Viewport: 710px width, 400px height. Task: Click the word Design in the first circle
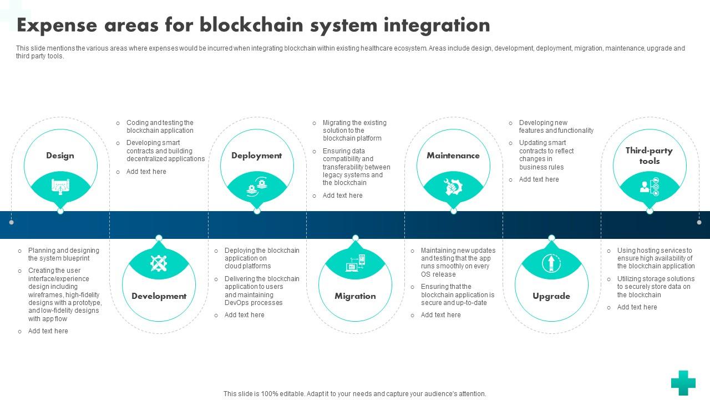(x=60, y=156)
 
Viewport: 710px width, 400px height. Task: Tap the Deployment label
(x=256, y=156)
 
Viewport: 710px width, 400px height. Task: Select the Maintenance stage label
(x=453, y=156)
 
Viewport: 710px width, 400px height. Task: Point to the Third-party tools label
(x=649, y=156)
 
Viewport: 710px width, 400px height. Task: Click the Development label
(x=159, y=296)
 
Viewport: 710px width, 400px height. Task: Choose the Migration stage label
(x=355, y=296)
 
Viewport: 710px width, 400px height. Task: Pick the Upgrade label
(x=551, y=296)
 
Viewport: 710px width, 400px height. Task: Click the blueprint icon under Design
(x=60, y=187)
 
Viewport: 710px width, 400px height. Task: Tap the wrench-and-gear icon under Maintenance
(x=453, y=187)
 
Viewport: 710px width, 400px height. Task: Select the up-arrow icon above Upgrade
(x=551, y=262)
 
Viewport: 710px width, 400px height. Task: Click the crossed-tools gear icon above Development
(x=159, y=263)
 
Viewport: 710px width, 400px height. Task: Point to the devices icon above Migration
(x=355, y=263)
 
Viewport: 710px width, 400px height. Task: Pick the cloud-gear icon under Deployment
(x=256, y=187)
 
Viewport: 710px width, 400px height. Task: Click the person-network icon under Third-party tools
(x=649, y=187)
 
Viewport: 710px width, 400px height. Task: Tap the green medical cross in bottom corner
(x=683, y=383)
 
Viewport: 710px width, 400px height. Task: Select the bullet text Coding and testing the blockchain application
(x=160, y=127)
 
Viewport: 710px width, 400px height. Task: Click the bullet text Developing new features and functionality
(x=556, y=127)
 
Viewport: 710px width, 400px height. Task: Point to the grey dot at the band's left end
(x=11, y=222)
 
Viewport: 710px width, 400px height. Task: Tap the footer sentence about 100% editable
(x=354, y=394)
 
